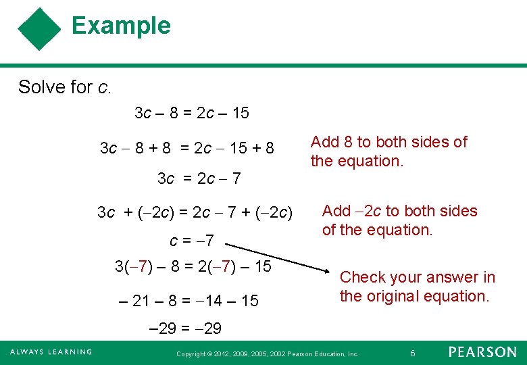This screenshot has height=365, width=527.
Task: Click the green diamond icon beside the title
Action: click(x=40, y=30)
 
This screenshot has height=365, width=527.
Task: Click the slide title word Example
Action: click(x=121, y=26)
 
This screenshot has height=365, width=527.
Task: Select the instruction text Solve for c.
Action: click(x=65, y=87)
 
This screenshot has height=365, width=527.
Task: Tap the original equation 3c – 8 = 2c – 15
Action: click(x=192, y=114)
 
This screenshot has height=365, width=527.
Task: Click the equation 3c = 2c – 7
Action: click(x=199, y=179)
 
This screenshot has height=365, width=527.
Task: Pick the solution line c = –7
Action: click(x=192, y=240)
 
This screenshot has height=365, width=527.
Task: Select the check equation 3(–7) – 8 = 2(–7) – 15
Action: click(x=193, y=266)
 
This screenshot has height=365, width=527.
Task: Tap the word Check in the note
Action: click(x=362, y=277)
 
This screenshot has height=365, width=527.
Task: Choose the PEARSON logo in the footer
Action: click(x=482, y=352)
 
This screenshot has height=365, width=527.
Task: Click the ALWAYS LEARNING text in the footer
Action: click(x=51, y=352)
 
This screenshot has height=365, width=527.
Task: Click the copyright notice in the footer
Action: click(x=267, y=354)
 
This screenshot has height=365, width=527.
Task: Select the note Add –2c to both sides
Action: click(x=399, y=211)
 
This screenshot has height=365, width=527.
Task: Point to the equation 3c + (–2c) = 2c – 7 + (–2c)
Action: click(x=195, y=214)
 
